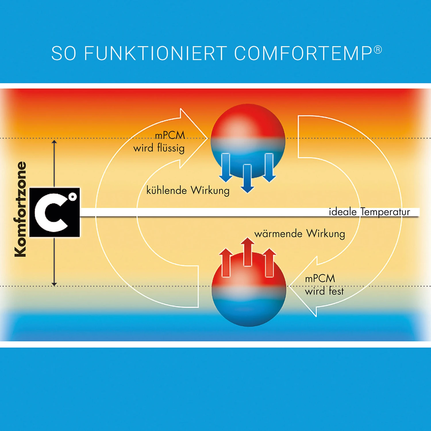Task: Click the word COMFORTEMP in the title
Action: click(303, 53)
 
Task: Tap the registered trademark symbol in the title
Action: click(378, 50)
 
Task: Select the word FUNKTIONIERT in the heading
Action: click(155, 53)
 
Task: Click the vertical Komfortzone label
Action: click(21, 209)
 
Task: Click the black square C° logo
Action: click(55, 212)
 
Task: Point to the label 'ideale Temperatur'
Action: click(369, 212)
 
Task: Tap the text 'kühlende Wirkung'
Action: click(188, 191)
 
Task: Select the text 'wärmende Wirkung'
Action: click(300, 234)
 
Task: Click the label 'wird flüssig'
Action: click(159, 148)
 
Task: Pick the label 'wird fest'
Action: click(324, 291)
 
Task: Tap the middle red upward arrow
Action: click(247, 251)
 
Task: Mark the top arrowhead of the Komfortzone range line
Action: click(54, 142)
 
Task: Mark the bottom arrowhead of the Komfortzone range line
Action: click(54, 284)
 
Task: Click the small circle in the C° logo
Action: click(73, 197)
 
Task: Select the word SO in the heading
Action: click(64, 53)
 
